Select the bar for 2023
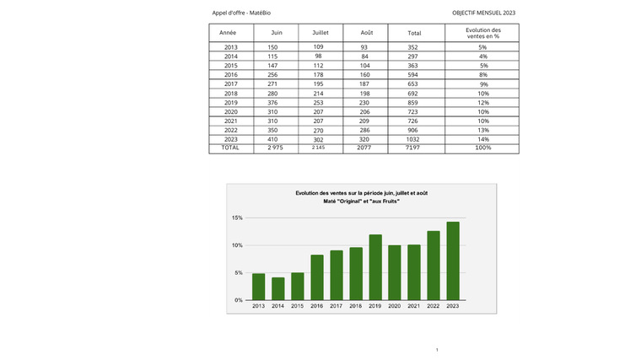tap(453, 261)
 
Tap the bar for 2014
tap(277, 288)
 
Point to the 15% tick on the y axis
tap(238, 218)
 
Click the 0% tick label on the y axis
tap(239, 300)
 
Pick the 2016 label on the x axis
tap(316, 306)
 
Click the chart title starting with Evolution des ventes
tap(361, 194)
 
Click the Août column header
tap(367, 32)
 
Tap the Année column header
tap(228, 32)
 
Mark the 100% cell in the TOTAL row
tap(483, 148)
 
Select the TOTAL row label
tap(229, 148)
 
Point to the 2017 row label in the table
tap(230, 83)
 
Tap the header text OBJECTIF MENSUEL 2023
tap(483, 13)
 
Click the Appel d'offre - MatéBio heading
tap(241, 13)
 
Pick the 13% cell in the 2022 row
tap(483, 130)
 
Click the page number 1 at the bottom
tap(437, 350)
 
